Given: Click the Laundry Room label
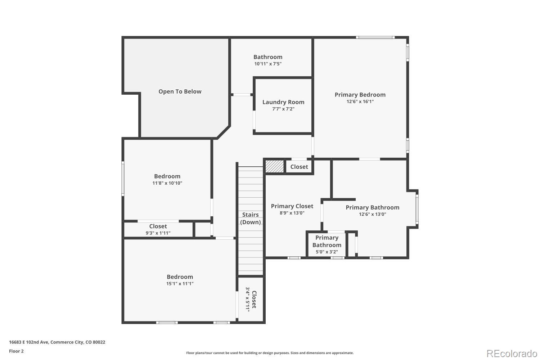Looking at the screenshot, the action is [283, 102].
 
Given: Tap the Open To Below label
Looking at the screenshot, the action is [180, 92].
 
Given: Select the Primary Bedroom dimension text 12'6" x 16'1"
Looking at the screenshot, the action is [360, 102].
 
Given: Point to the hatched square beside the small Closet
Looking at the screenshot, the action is [275, 166].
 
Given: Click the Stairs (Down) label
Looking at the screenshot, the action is [251, 219].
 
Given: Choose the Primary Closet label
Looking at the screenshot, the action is [292, 206].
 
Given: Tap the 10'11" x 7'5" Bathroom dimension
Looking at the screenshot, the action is [268, 64].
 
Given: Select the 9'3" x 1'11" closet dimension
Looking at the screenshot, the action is [158, 233].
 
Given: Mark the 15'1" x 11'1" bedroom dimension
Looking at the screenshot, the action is [180, 284].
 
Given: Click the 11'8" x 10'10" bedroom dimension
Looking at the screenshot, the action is [167, 183].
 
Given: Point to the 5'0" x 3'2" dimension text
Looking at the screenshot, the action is [327, 252].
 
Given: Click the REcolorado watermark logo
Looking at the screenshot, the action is [512, 354].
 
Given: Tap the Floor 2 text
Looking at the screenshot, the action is [17, 351].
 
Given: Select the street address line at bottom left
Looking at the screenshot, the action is [57, 342].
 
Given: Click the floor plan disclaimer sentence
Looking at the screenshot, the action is [270, 353].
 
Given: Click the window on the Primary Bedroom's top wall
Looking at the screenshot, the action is [375, 37].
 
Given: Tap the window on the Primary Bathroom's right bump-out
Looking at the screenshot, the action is [417, 209].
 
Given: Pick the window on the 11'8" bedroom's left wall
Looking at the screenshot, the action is [123, 179].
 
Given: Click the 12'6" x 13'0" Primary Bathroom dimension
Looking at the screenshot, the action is [373, 214].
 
